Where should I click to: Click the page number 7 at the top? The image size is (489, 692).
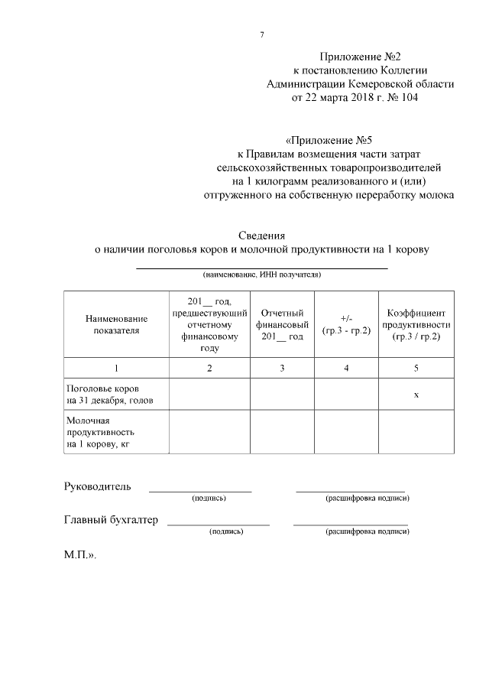[x=262, y=35]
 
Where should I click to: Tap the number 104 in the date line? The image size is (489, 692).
[x=406, y=98]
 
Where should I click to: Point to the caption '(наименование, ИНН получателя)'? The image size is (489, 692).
[x=261, y=274]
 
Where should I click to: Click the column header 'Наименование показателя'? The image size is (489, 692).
[x=116, y=324]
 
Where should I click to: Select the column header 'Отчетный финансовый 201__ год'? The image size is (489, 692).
[x=283, y=324]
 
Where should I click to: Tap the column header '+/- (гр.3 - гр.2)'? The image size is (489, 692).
[x=346, y=324]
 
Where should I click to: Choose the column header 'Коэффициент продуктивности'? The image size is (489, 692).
[x=416, y=324]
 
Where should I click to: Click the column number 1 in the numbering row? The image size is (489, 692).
[x=116, y=369]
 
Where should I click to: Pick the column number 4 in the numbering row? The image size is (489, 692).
[x=346, y=369]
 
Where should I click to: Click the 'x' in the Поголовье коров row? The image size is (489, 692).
[x=416, y=395]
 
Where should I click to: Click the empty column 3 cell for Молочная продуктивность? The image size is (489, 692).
[x=283, y=432]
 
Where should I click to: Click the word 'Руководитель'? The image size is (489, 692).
[x=97, y=486]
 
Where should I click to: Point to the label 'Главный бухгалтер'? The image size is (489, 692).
[x=111, y=520]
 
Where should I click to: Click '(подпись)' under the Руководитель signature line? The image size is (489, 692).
[x=209, y=498]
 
